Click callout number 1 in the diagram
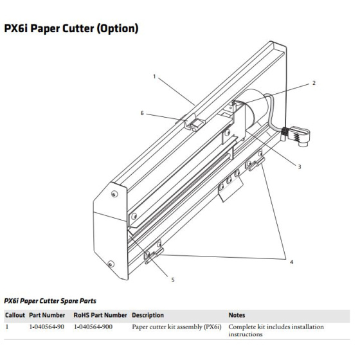154,76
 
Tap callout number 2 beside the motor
314,83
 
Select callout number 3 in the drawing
300,166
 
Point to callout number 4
292,262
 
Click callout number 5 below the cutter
173,280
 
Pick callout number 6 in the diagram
142,113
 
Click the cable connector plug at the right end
296,136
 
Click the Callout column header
15,315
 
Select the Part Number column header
47,315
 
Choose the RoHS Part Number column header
100,315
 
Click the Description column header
148,315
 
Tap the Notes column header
237,315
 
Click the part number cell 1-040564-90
46,327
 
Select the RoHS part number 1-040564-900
93,327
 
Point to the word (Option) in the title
117,29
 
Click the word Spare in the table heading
69,301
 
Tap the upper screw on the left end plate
114,194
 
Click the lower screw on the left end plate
111,264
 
